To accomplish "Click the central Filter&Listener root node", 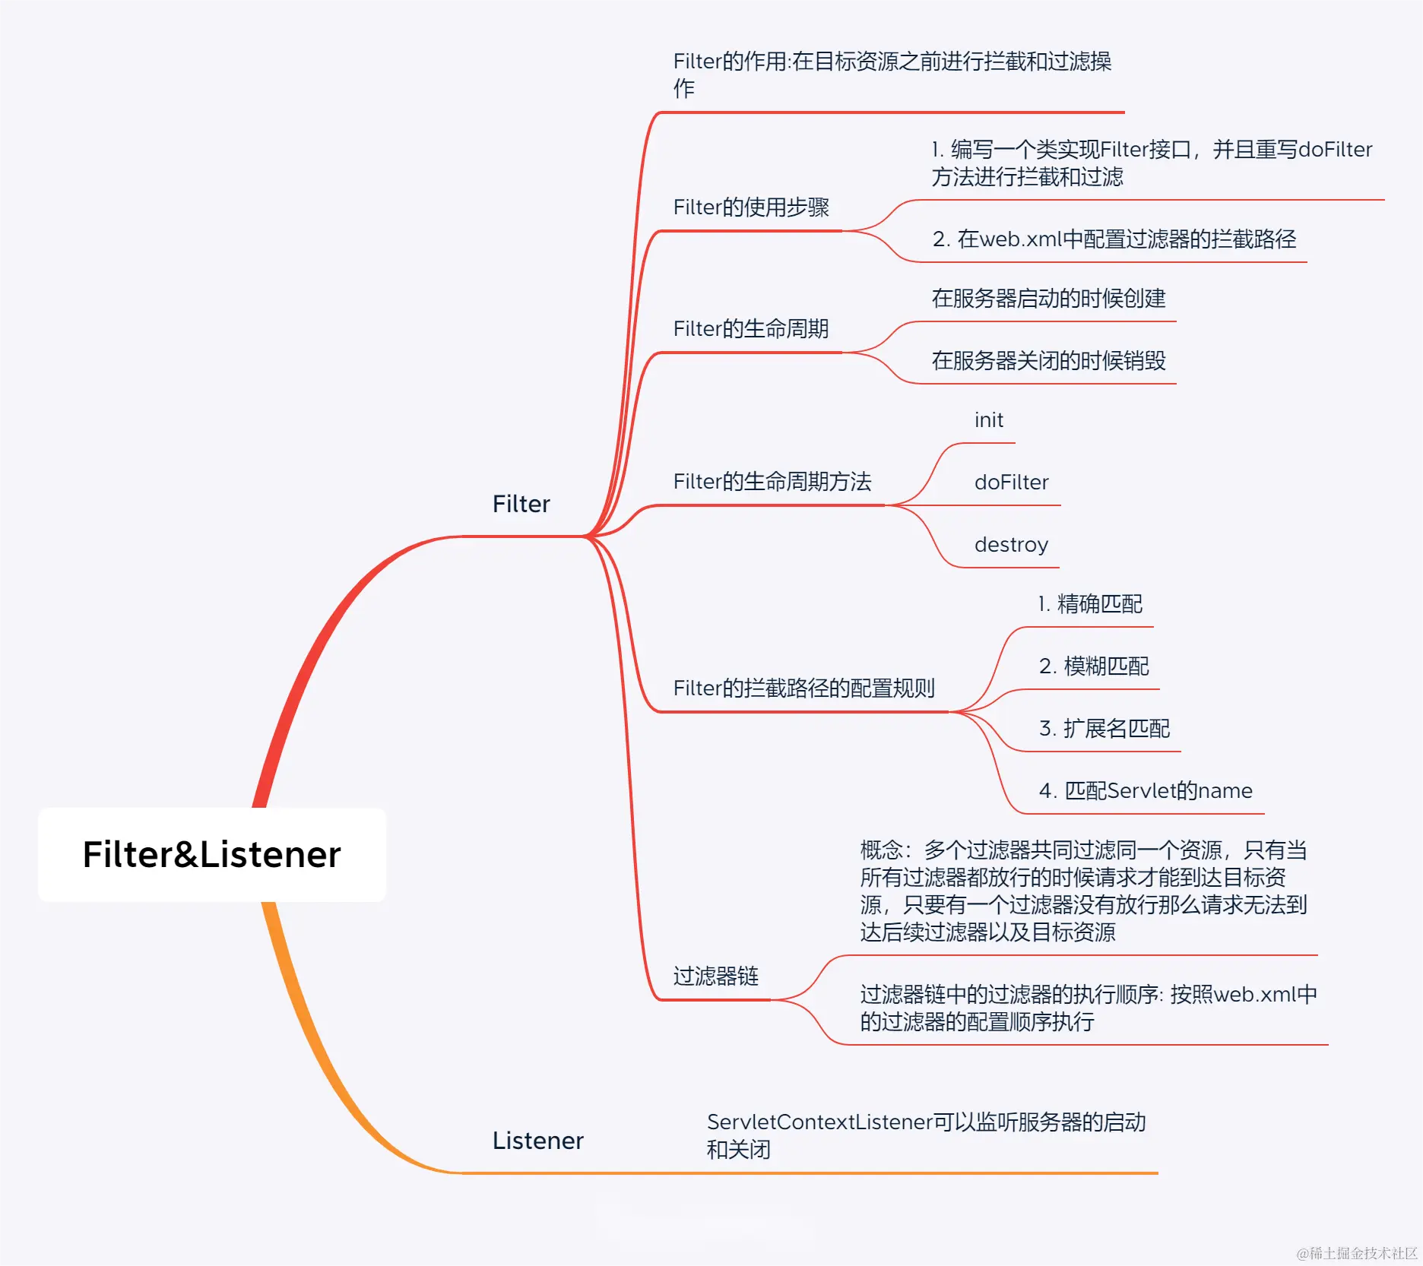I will pos(211,854).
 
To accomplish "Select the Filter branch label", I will pos(521,504).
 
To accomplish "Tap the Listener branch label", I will pos(537,1141).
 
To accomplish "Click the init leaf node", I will pos(988,420).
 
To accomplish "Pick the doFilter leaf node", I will pos(1011,483).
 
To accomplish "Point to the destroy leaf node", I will pos(1011,545).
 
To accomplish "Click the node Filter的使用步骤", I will pos(751,207).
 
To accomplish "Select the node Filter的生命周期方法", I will pos(772,482).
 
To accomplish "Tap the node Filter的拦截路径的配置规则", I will pos(803,688).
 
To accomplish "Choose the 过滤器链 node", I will pos(716,976).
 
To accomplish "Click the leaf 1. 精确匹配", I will pos(1090,604).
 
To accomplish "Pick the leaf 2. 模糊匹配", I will pos(1094,666).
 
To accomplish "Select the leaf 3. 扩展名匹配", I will pos(1104,729).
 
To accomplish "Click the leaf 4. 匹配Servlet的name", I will pos(1145,791).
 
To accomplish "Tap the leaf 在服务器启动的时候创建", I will pos(1048,299).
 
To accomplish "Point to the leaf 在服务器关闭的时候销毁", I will pos(1048,361).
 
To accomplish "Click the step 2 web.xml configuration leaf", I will pos(1114,239).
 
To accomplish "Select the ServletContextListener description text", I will pos(926,1135).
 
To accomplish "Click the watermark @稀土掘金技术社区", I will pos(1357,1253).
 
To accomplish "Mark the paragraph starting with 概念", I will pos(1083,891).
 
